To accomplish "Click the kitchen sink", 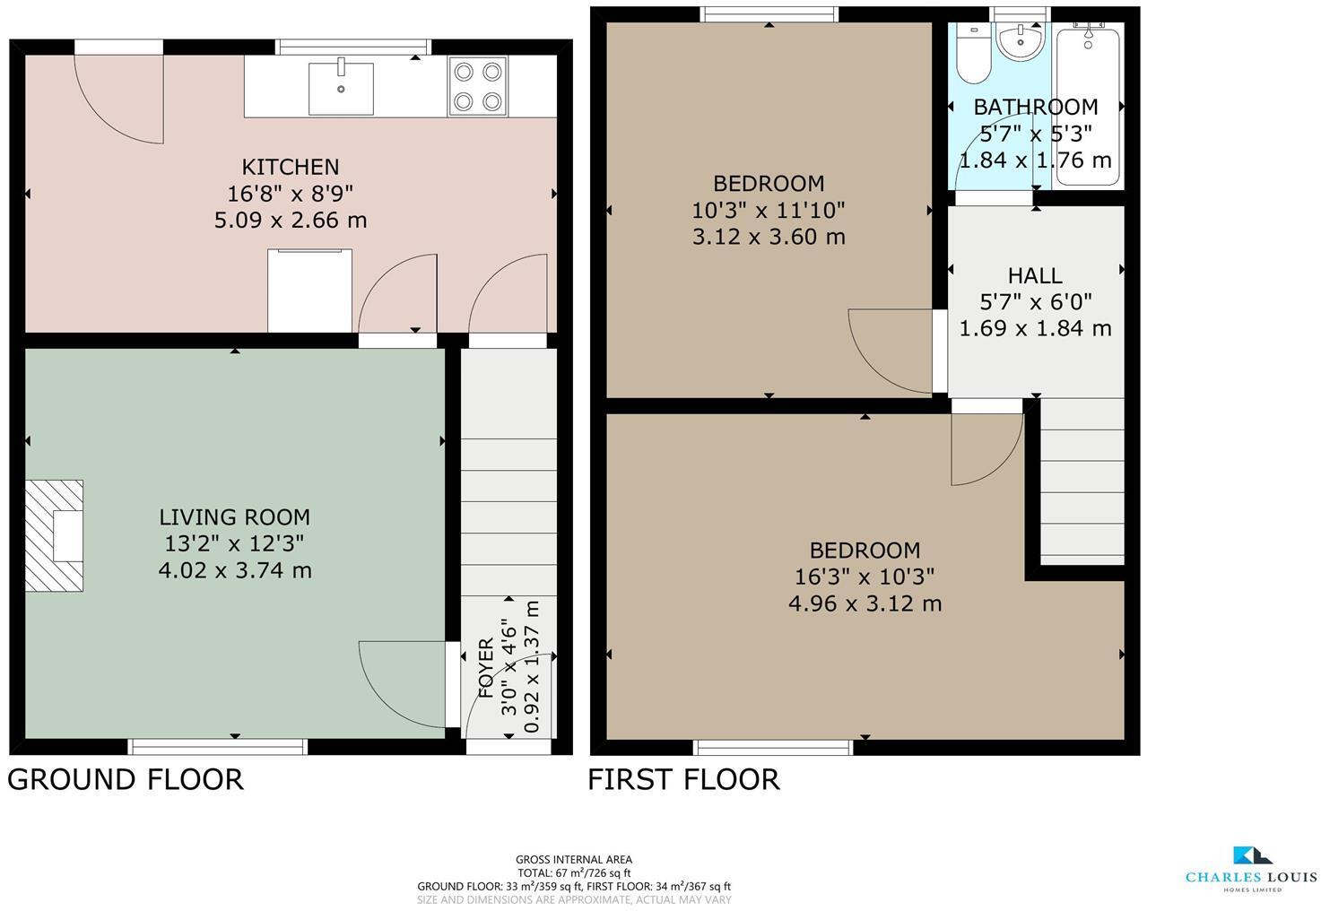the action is pos(341,89).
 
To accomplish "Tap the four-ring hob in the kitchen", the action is pos(478,87).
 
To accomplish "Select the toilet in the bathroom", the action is pos(973,54).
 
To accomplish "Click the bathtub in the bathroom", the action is pos(1088,106).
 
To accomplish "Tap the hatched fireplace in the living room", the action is pos(54,535).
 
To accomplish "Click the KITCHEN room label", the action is pos(291,167).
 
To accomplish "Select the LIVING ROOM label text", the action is pos(235,517).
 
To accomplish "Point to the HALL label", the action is pos(1035,275).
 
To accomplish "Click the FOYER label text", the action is pos(485,667).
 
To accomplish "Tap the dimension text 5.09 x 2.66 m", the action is pos(291,220).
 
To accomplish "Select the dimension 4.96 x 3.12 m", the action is pos(865,603).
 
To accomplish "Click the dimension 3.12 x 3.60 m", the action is pos(769,237).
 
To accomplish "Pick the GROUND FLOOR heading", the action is pos(125,779).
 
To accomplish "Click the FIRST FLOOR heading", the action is pos(683,779).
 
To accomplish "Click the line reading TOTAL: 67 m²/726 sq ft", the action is pos(574,873).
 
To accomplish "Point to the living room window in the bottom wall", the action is pos(218,747).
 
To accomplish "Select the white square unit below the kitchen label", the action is pos(309,291).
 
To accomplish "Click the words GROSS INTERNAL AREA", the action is pos(574,860).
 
